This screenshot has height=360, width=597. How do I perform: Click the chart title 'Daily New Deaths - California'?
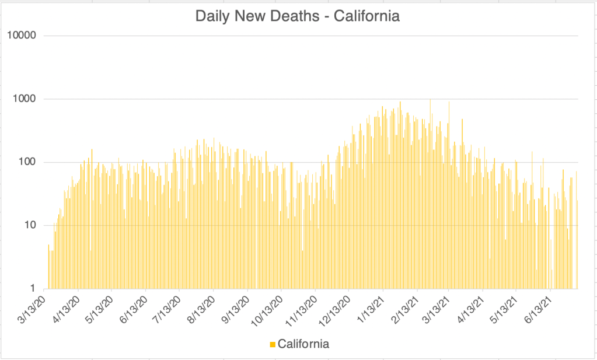298,16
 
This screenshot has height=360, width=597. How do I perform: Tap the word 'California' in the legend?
303,344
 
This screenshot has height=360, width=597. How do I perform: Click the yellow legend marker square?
273,344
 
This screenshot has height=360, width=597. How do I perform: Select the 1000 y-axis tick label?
25,99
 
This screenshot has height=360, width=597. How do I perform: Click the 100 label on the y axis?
27,162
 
